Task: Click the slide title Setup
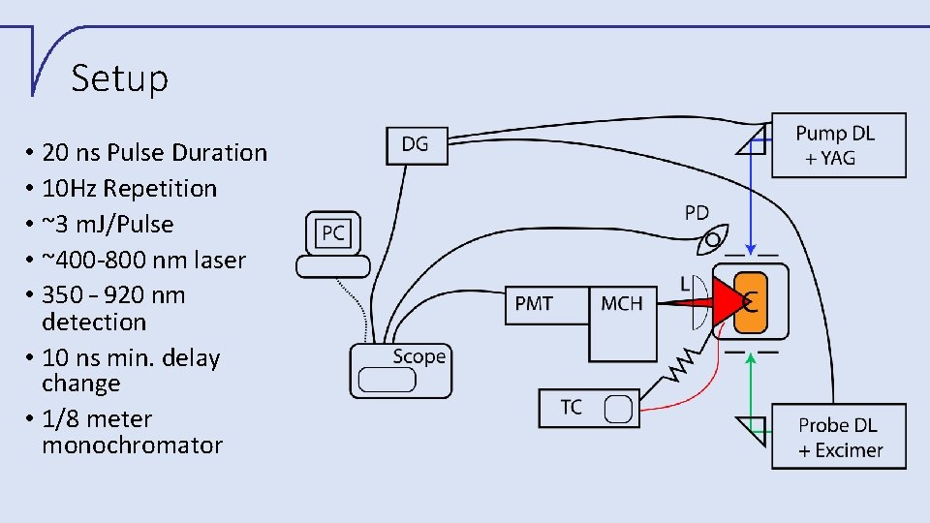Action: pos(119,78)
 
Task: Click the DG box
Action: pos(416,144)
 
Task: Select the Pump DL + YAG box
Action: pos(838,146)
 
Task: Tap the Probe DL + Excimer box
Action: pos(839,437)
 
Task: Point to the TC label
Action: pos(572,407)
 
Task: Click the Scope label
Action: pos(418,356)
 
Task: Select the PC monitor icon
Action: pos(333,234)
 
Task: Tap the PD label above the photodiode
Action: pos(697,213)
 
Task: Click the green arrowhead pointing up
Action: pos(753,356)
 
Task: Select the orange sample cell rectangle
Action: pos(751,302)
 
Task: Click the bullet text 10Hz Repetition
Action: pos(129,188)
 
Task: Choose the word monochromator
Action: pos(132,446)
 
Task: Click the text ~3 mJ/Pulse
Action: pos(108,224)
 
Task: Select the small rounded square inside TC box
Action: pos(618,409)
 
